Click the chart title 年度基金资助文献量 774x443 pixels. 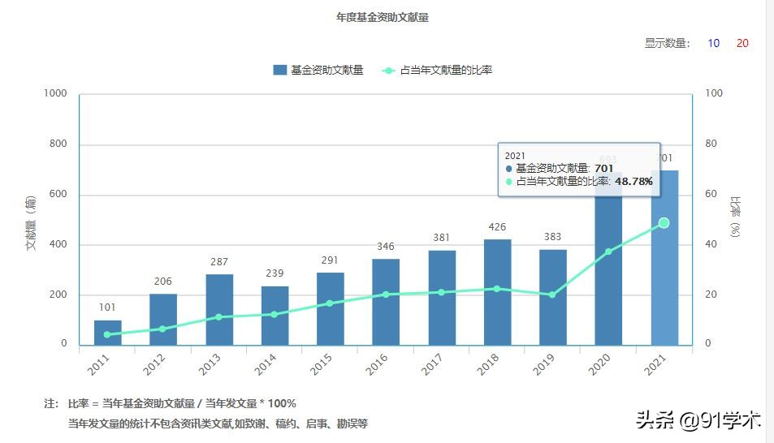point(382,17)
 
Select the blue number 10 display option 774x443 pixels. point(713,43)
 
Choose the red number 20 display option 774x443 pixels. point(742,43)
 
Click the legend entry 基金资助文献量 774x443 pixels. point(318,70)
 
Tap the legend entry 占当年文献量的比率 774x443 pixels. point(437,70)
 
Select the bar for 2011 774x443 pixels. point(107,333)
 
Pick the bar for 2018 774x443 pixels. point(497,292)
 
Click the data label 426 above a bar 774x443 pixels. point(497,227)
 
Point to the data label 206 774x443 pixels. point(162,282)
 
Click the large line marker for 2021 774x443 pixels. point(664,222)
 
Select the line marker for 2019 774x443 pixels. point(552,295)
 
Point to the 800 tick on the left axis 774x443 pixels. point(56,144)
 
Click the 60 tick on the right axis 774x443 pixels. point(711,195)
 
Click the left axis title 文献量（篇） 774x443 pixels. point(32,221)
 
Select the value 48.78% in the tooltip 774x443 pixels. point(633,182)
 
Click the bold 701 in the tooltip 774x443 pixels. point(603,168)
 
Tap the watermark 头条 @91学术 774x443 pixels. point(698,420)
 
